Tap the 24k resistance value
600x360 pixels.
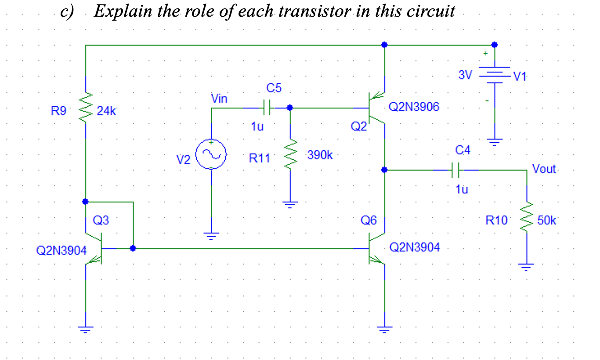click(x=106, y=111)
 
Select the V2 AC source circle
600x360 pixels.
click(x=211, y=154)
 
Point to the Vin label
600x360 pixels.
click(x=219, y=99)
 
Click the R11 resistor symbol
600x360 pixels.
click(x=290, y=155)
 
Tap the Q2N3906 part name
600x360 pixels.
click(x=413, y=108)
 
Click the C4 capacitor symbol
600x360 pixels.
click(x=456, y=169)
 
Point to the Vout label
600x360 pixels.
click(x=544, y=169)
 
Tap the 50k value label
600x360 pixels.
click(x=546, y=220)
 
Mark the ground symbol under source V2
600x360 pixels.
click(x=211, y=237)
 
